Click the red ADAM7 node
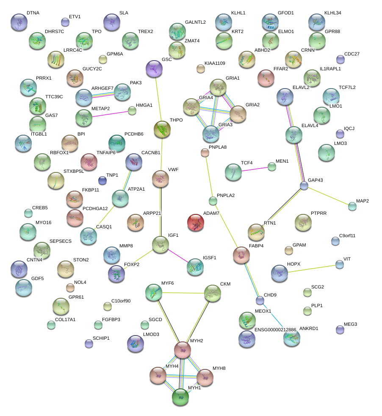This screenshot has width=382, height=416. [196, 223]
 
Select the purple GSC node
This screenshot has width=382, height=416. [154, 69]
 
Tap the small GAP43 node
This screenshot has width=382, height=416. [304, 186]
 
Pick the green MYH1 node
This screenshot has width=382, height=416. [180, 397]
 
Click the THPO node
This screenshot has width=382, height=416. [161, 129]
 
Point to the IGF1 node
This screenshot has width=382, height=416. [161, 245]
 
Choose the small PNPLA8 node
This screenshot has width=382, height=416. [205, 153]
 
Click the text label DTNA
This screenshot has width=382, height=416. [33, 13]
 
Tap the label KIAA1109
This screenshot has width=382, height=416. [215, 64]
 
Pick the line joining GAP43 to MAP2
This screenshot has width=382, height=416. [328, 196]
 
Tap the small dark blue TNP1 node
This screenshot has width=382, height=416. [102, 180]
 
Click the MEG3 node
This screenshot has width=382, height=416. [340, 329]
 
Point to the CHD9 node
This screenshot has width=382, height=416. [260, 301]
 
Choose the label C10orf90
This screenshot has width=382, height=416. [121, 301]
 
